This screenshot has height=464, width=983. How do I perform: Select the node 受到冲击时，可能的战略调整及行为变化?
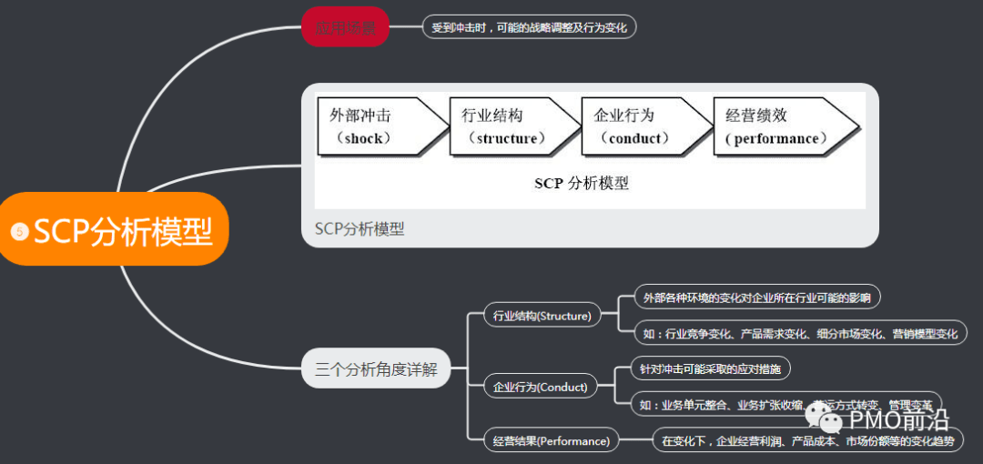(x=529, y=27)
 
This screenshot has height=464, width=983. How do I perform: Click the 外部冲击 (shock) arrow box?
(x=377, y=126)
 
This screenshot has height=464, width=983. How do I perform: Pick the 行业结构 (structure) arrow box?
(x=509, y=126)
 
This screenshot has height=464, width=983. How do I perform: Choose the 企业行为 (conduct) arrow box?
(x=641, y=126)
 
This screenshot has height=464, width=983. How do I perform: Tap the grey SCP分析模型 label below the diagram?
(x=360, y=229)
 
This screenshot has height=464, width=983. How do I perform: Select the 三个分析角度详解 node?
(x=376, y=370)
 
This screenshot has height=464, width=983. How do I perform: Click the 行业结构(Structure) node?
(x=542, y=316)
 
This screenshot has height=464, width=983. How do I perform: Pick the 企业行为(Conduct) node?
(x=540, y=387)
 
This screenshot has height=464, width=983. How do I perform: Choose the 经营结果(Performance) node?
(x=551, y=441)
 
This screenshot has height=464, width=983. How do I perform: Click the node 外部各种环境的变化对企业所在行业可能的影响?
(x=756, y=297)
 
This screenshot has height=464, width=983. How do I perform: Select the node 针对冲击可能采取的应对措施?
(x=713, y=369)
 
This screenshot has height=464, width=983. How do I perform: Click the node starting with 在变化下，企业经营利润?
(x=807, y=441)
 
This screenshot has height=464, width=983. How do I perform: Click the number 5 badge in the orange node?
(x=19, y=232)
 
